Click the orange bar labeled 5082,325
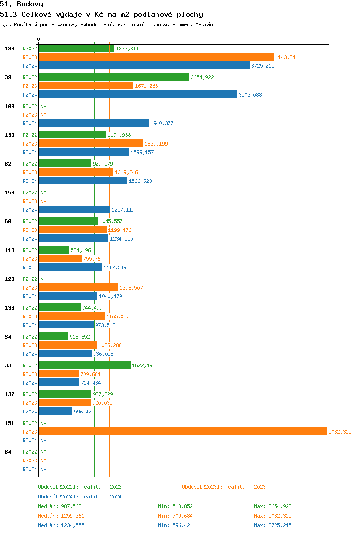point(182,432)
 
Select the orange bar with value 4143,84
point(156,57)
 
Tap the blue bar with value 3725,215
point(144,66)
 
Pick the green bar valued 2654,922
point(114,77)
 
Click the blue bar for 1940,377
point(94,123)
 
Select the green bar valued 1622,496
point(84,365)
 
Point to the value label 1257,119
point(123,210)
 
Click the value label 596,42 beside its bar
point(83,412)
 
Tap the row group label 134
point(10,49)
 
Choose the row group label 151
point(10,423)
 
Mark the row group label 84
point(8,452)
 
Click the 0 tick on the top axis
point(39,39)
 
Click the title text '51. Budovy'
point(22,4)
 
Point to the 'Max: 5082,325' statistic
point(273,516)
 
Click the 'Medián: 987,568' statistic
point(60,506)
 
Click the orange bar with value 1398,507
point(78,288)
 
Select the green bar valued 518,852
point(53,337)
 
